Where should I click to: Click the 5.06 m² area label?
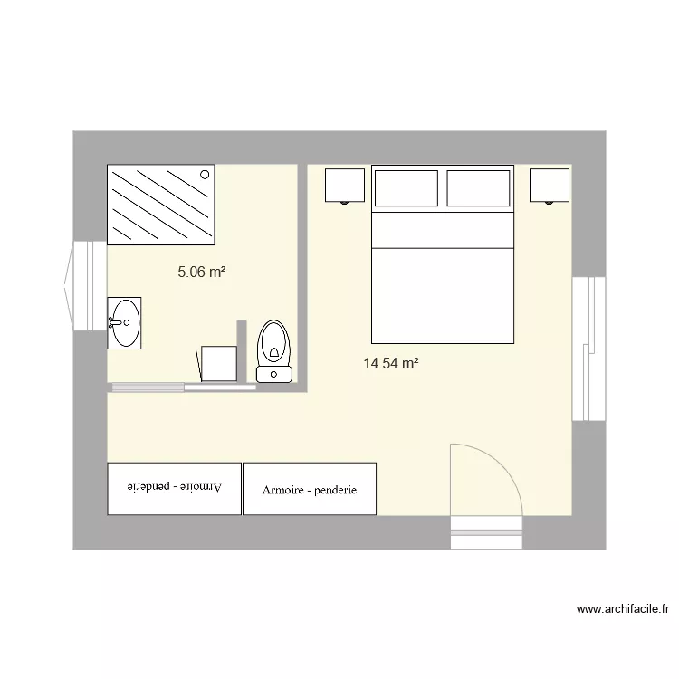(201, 271)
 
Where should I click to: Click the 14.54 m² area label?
(390, 364)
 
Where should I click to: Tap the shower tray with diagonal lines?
(161, 205)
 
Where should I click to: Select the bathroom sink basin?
(124, 321)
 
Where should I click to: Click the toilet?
(274, 351)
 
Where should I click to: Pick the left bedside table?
(344, 186)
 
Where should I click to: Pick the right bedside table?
(550, 186)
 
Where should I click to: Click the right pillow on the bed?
(478, 189)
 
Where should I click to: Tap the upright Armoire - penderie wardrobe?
(310, 490)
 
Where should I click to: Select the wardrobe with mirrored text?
(175, 489)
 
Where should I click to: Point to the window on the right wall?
(588, 349)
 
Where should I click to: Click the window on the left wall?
(86, 285)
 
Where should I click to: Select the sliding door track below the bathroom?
(181, 387)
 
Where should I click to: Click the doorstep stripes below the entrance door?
(487, 532)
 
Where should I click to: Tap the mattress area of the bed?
(443, 294)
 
